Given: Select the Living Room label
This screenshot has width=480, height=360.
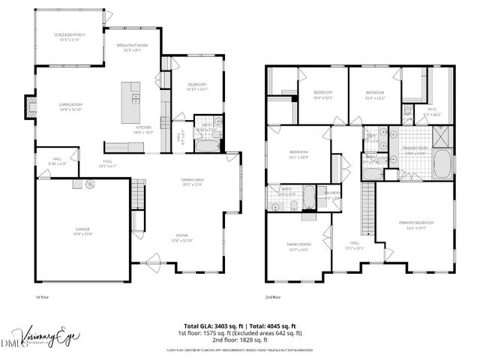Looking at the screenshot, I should point(65,106).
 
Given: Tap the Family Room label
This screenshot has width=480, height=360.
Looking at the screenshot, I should point(298,247).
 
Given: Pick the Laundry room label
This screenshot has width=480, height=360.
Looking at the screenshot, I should point(333,194).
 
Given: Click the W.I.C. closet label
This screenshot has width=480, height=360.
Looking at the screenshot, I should point(432,112).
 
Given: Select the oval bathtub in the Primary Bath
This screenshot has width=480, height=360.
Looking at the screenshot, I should point(440,164).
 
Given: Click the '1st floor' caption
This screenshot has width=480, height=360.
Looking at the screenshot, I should point(42,298).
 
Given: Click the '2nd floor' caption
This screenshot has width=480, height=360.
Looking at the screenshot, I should point(273,298).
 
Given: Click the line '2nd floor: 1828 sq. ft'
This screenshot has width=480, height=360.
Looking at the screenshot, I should point(240,340).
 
